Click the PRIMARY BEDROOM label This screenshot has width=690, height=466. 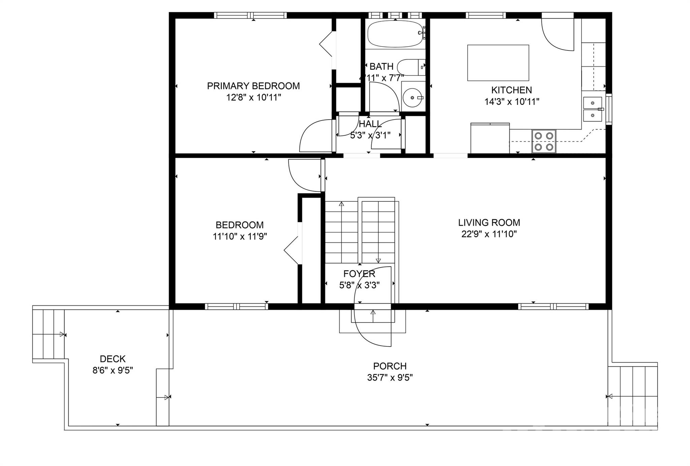(x=253, y=86)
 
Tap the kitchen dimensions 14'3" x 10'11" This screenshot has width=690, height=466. (x=512, y=101)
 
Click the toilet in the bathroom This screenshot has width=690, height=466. (x=411, y=67)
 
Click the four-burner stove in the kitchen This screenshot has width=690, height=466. (x=544, y=141)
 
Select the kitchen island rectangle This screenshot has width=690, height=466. (x=498, y=63)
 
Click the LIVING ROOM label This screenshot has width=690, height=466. (x=489, y=223)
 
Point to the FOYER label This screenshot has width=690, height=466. (x=359, y=274)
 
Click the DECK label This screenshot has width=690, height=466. (x=113, y=359)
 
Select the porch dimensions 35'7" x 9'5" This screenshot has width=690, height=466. (x=390, y=377)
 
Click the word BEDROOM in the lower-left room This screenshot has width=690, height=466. (x=240, y=225)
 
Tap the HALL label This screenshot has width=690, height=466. (x=370, y=124)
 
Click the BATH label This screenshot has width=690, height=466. (x=381, y=66)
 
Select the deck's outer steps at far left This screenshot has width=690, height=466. (x=49, y=335)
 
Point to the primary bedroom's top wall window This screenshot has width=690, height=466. (x=250, y=15)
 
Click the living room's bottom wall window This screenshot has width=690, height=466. (x=553, y=306)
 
